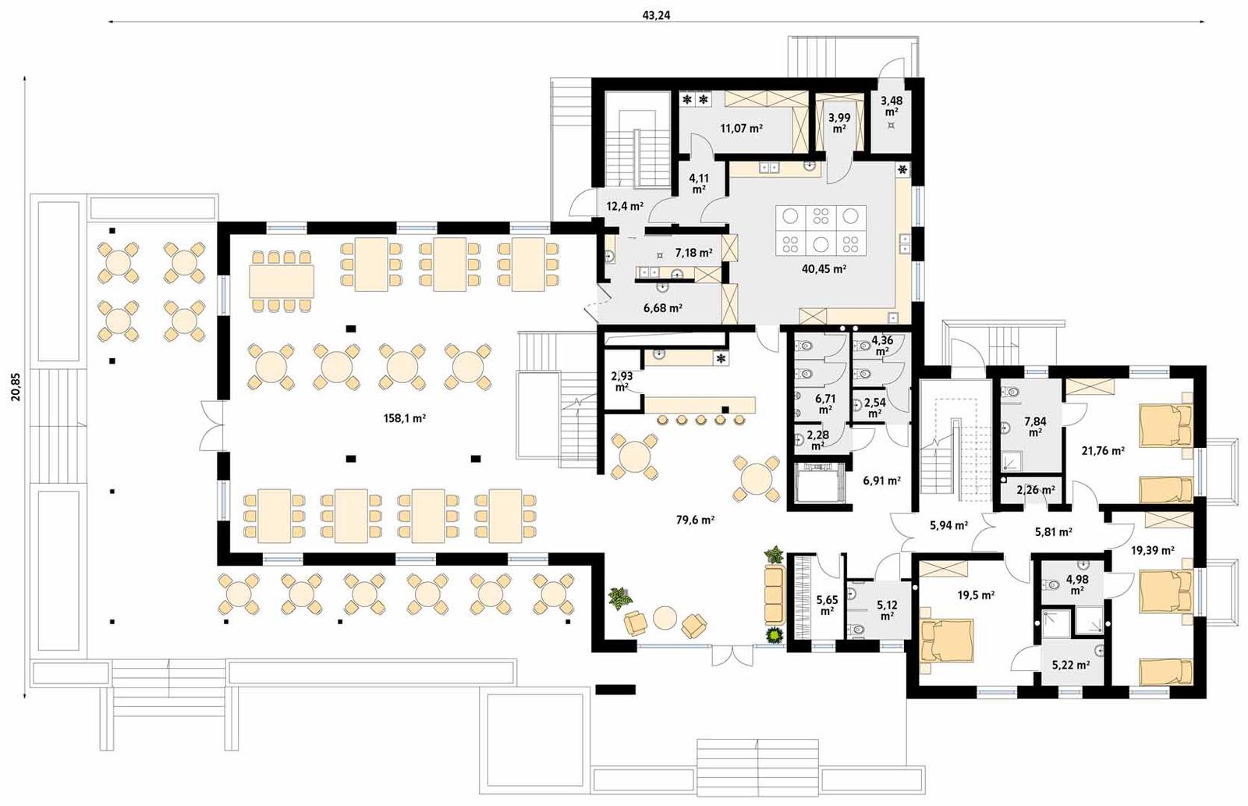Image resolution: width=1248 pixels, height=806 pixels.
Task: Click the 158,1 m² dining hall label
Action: click(x=404, y=418)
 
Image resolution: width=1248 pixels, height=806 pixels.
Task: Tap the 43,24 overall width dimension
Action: click(x=658, y=15)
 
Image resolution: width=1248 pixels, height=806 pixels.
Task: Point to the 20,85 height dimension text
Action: click(x=16, y=385)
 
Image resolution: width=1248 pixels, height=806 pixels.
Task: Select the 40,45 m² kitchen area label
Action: click(x=824, y=268)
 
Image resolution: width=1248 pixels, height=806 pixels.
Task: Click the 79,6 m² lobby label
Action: click(x=696, y=519)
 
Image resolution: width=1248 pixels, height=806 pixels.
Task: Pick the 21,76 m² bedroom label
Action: click(x=1103, y=450)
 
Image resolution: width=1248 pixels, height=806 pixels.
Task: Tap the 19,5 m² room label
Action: click(x=976, y=595)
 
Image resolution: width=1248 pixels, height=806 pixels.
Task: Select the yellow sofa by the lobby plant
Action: click(x=774, y=595)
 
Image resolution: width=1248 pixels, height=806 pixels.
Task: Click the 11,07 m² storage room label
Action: click(x=741, y=128)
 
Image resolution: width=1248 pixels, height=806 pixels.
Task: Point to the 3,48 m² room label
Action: click(x=892, y=105)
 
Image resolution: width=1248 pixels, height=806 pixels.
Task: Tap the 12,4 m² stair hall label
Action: click(x=625, y=207)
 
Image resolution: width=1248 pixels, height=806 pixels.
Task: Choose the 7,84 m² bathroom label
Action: click(x=1035, y=426)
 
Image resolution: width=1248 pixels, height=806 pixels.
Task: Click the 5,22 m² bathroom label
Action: click(x=1070, y=666)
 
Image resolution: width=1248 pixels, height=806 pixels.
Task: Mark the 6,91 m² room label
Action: click(x=881, y=481)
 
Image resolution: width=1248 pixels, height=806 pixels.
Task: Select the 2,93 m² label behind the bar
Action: click(x=622, y=381)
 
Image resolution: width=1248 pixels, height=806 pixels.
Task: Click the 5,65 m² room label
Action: click(x=827, y=605)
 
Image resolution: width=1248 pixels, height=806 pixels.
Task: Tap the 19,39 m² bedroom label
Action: click(x=1152, y=550)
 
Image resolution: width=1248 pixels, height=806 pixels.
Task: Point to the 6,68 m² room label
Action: click(x=663, y=308)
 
